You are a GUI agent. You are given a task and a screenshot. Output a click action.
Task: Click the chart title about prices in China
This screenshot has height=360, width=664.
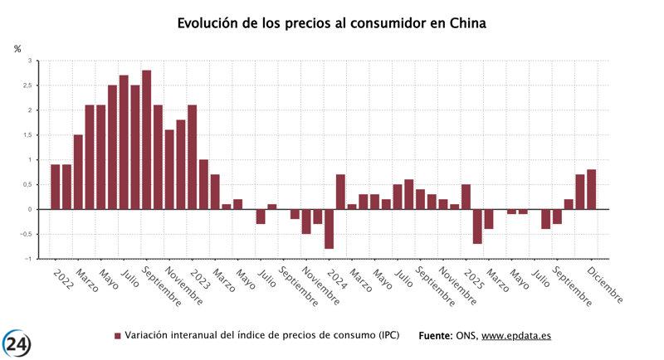point(332,23)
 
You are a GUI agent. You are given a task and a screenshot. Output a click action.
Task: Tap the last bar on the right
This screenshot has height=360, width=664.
point(591,189)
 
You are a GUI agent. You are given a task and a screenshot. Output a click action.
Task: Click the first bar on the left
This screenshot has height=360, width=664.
point(55,187)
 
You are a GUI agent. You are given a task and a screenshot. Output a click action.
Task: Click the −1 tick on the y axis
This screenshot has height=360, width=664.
point(28,259)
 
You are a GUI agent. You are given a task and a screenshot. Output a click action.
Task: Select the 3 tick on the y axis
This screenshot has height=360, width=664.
point(30,61)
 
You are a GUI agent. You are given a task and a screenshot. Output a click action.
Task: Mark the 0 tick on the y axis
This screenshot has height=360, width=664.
point(30,209)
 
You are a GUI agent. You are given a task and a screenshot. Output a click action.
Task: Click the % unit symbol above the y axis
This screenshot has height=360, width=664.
point(17,49)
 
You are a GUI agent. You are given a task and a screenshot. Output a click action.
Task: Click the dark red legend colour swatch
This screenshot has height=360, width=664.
point(117,336)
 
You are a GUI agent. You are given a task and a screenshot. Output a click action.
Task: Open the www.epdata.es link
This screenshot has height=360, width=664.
point(516,336)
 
